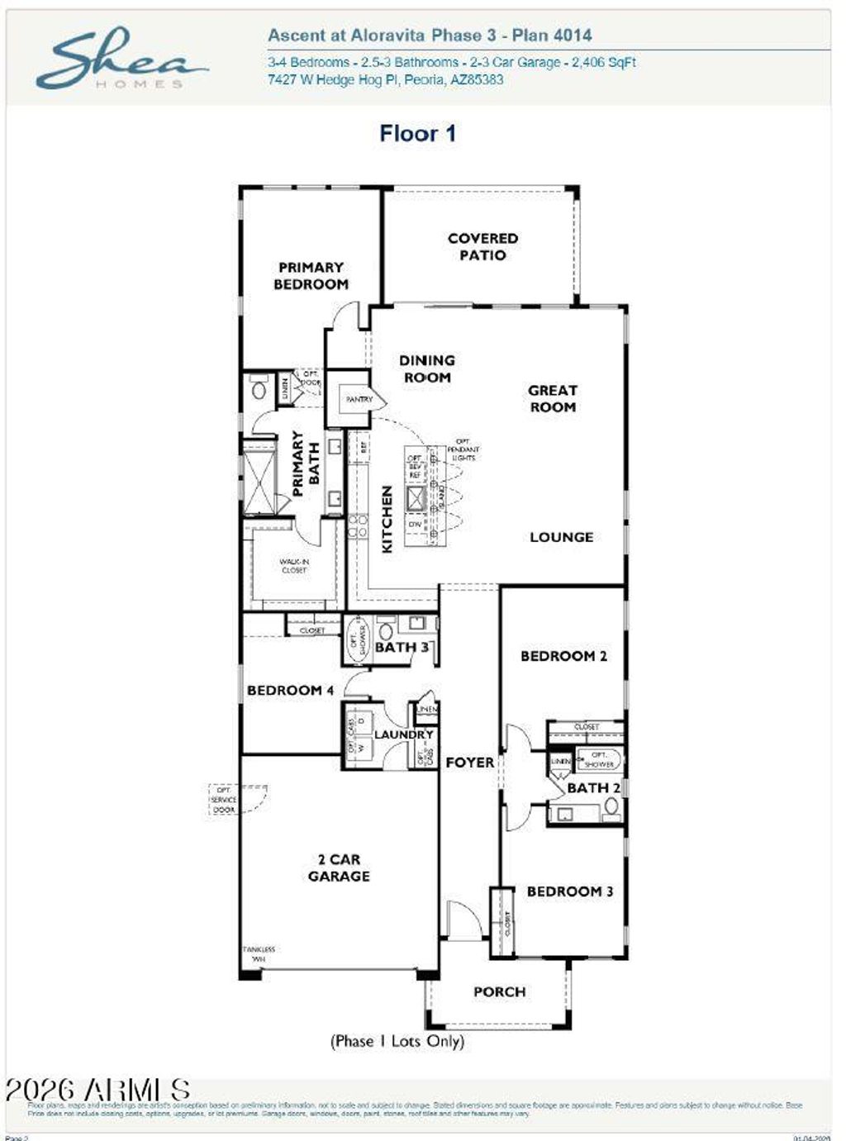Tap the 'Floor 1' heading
(x=417, y=133)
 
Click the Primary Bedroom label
(x=311, y=276)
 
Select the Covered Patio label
(x=482, y=247)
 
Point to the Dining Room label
(x=426, y=368)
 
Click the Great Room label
(x=553, y=398)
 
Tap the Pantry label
(x=359, y=399)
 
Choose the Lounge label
(x=561, y=537)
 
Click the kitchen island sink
(x=415, y=498)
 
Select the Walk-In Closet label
(x=294, y=566)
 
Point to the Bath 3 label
(x=402, y=647)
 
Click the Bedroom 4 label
(x=290, y=690)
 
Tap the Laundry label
(x=403, y=735)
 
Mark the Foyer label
(x=469, y=763)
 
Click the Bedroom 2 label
(x=563, y=656)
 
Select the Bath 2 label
(x=592, y=788)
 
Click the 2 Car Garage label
(x=339, y=868)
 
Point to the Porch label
(x=499, y=991)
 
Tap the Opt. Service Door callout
(x=224, y=800)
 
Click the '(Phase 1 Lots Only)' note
(x=397, y=1041)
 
